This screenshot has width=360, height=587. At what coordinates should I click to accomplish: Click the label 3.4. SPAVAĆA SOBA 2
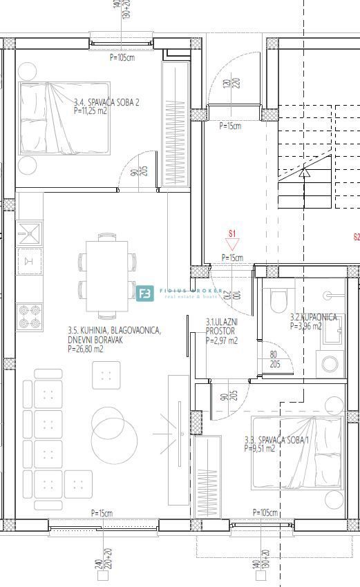pyautogui.click(x=107, y=102)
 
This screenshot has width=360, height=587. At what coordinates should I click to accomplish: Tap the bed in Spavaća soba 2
pyautogui.click(x=64, y=117)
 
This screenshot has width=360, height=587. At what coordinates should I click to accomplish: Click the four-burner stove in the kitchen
pyautogui.click(x=29, y=316)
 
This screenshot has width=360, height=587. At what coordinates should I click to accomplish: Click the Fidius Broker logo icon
pyautogui.click(x=145, y=294)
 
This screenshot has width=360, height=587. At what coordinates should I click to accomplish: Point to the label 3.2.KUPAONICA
pyautogui.click(x=313, y=317)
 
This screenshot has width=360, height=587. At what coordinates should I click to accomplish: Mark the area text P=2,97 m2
pyautogui.click(x=221, y=340)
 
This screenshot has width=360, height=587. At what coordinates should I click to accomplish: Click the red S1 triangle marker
pyautogui.click(x=232, y=244)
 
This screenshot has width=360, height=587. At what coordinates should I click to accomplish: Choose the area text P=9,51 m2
pyautogui.click(x=260, y=448)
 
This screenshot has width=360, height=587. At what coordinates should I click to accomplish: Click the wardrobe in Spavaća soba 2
pyautogui.click(x=171, y=124)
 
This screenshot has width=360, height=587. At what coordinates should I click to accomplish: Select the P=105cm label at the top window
pyautogui.click(x=122, y=58)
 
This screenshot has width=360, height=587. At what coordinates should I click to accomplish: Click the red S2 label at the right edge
pyautogui.click(x=356, y=237)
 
